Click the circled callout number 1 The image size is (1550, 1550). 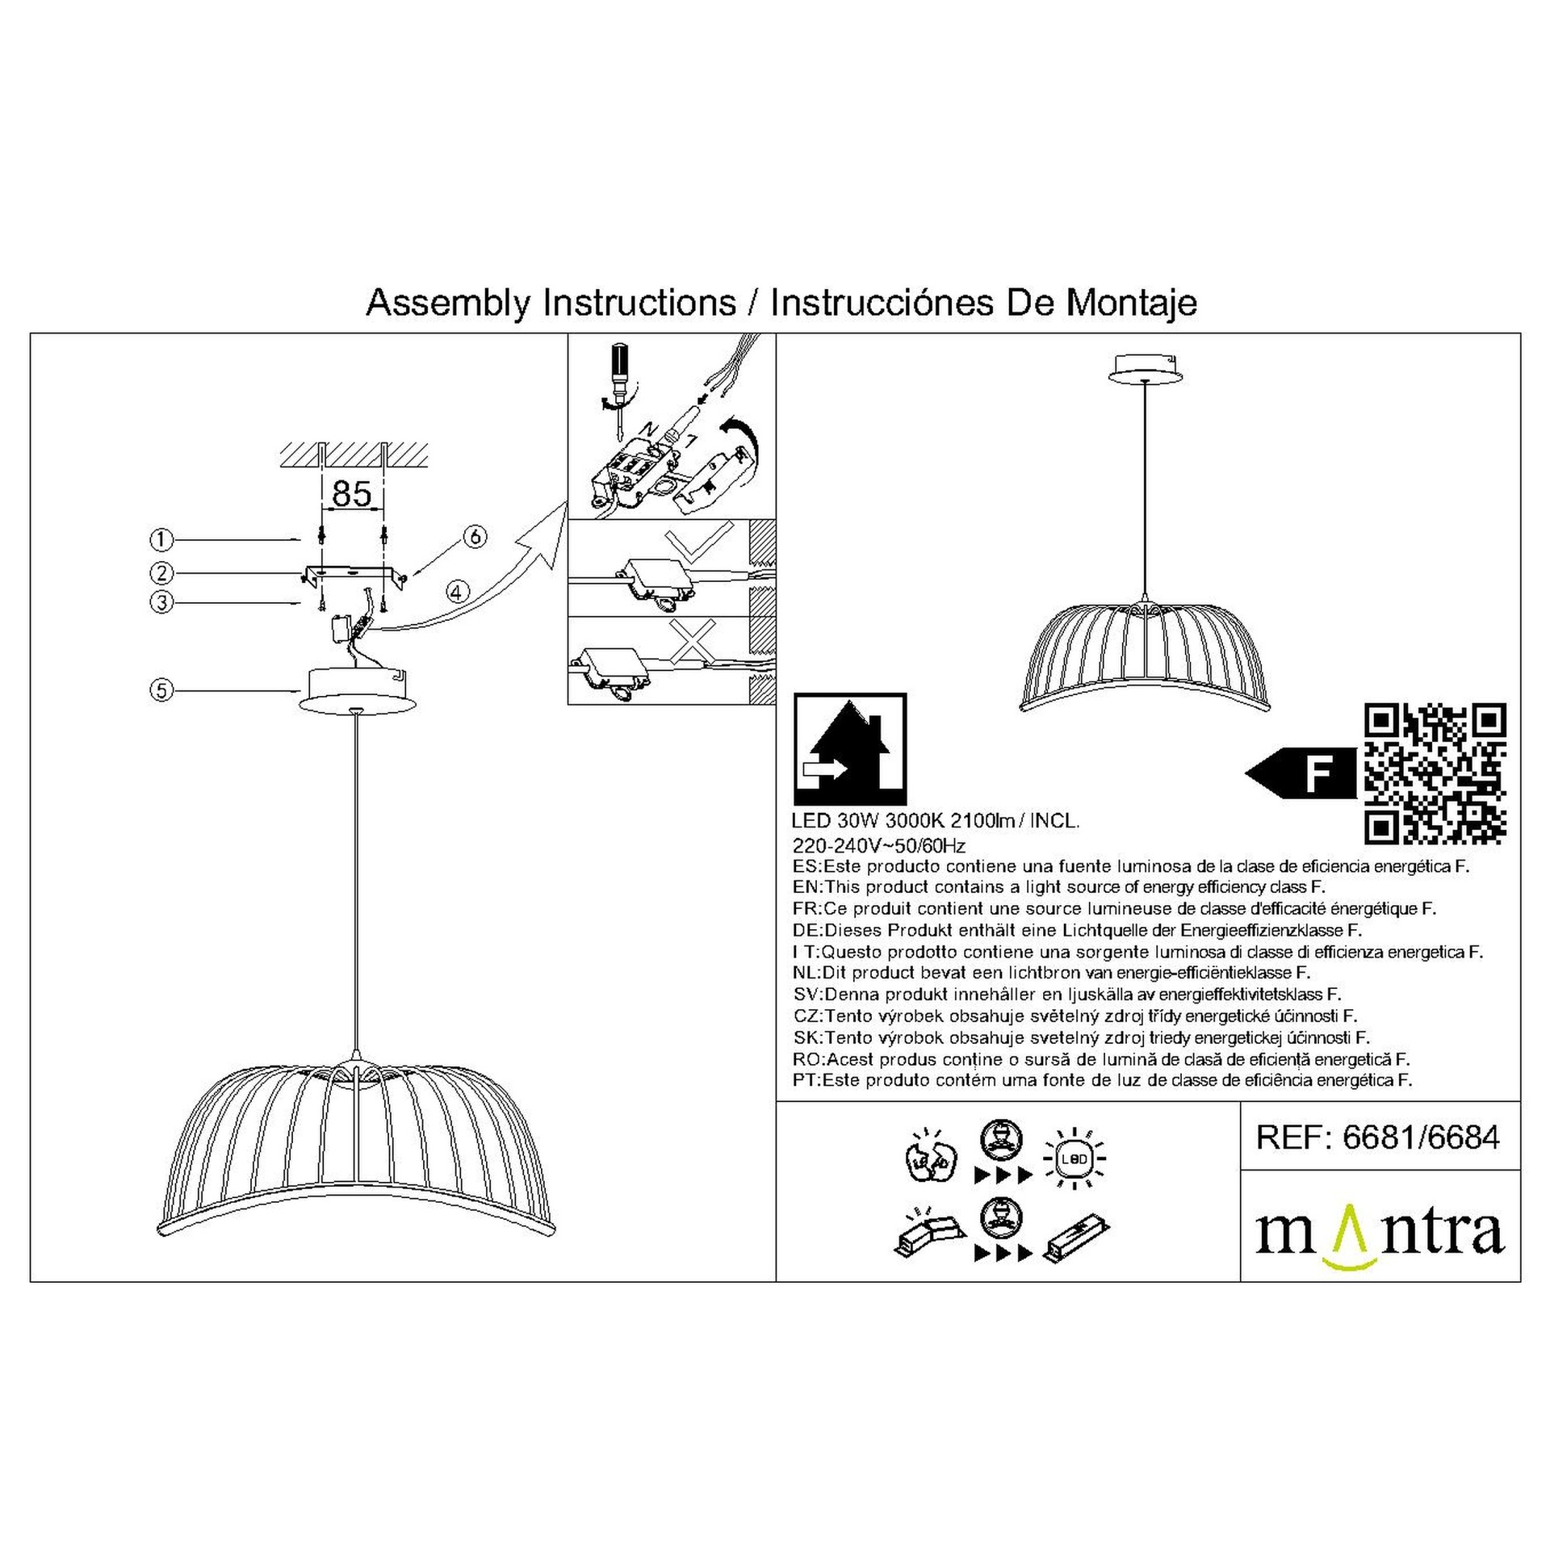pos(162,539)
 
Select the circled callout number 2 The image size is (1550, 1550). pos(162,573)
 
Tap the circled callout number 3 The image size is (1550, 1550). pos(162,602)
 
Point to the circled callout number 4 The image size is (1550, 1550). pos(457,592)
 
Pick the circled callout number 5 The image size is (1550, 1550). pos(162,690)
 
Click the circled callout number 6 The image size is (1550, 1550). pos(475,537)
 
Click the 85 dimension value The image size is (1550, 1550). pos(352,493)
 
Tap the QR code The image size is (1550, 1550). pos(1435,774)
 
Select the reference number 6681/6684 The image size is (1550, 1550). pos(1422,1137)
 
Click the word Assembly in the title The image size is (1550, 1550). pos(448,304)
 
